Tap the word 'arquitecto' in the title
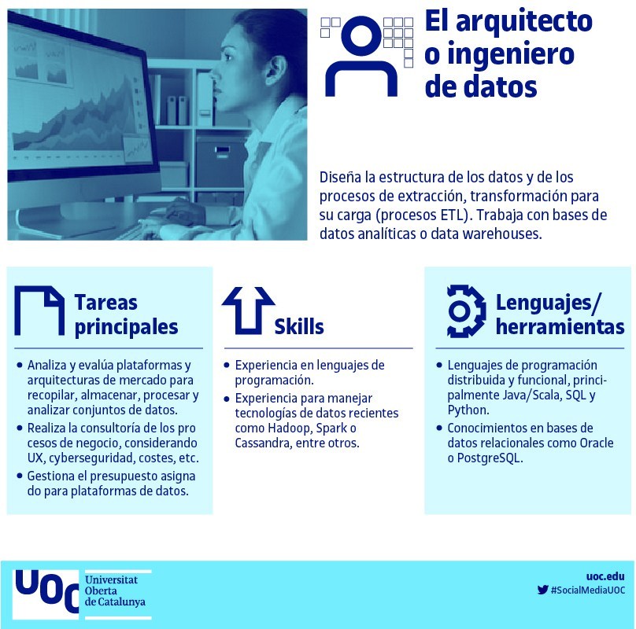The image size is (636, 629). point(524,22)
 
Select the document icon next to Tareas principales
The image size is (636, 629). point(39,311)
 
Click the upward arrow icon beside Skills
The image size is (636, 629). point(248,311)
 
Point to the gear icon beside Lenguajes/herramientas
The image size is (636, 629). point(466,311)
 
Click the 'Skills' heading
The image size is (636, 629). point(299,326)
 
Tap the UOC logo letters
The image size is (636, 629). point(46,592)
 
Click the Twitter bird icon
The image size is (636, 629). point(542,590)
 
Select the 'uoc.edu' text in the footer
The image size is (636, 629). point(605,576)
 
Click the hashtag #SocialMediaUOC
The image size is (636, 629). point(588,590)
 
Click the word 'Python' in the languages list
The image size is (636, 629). point(468,410)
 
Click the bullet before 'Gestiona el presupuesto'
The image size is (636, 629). point(20,476)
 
